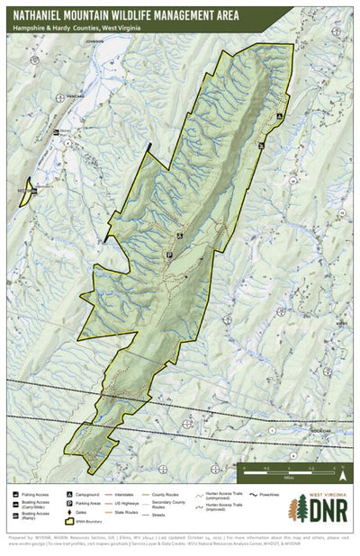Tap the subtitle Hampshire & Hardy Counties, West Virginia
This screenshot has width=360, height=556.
point(69,29)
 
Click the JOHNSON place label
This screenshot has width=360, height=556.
point(88,41)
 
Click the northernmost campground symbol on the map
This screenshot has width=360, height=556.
point(280,117)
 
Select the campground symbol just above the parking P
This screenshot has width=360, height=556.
point(179,236)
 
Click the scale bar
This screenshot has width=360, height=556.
point(292,469)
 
